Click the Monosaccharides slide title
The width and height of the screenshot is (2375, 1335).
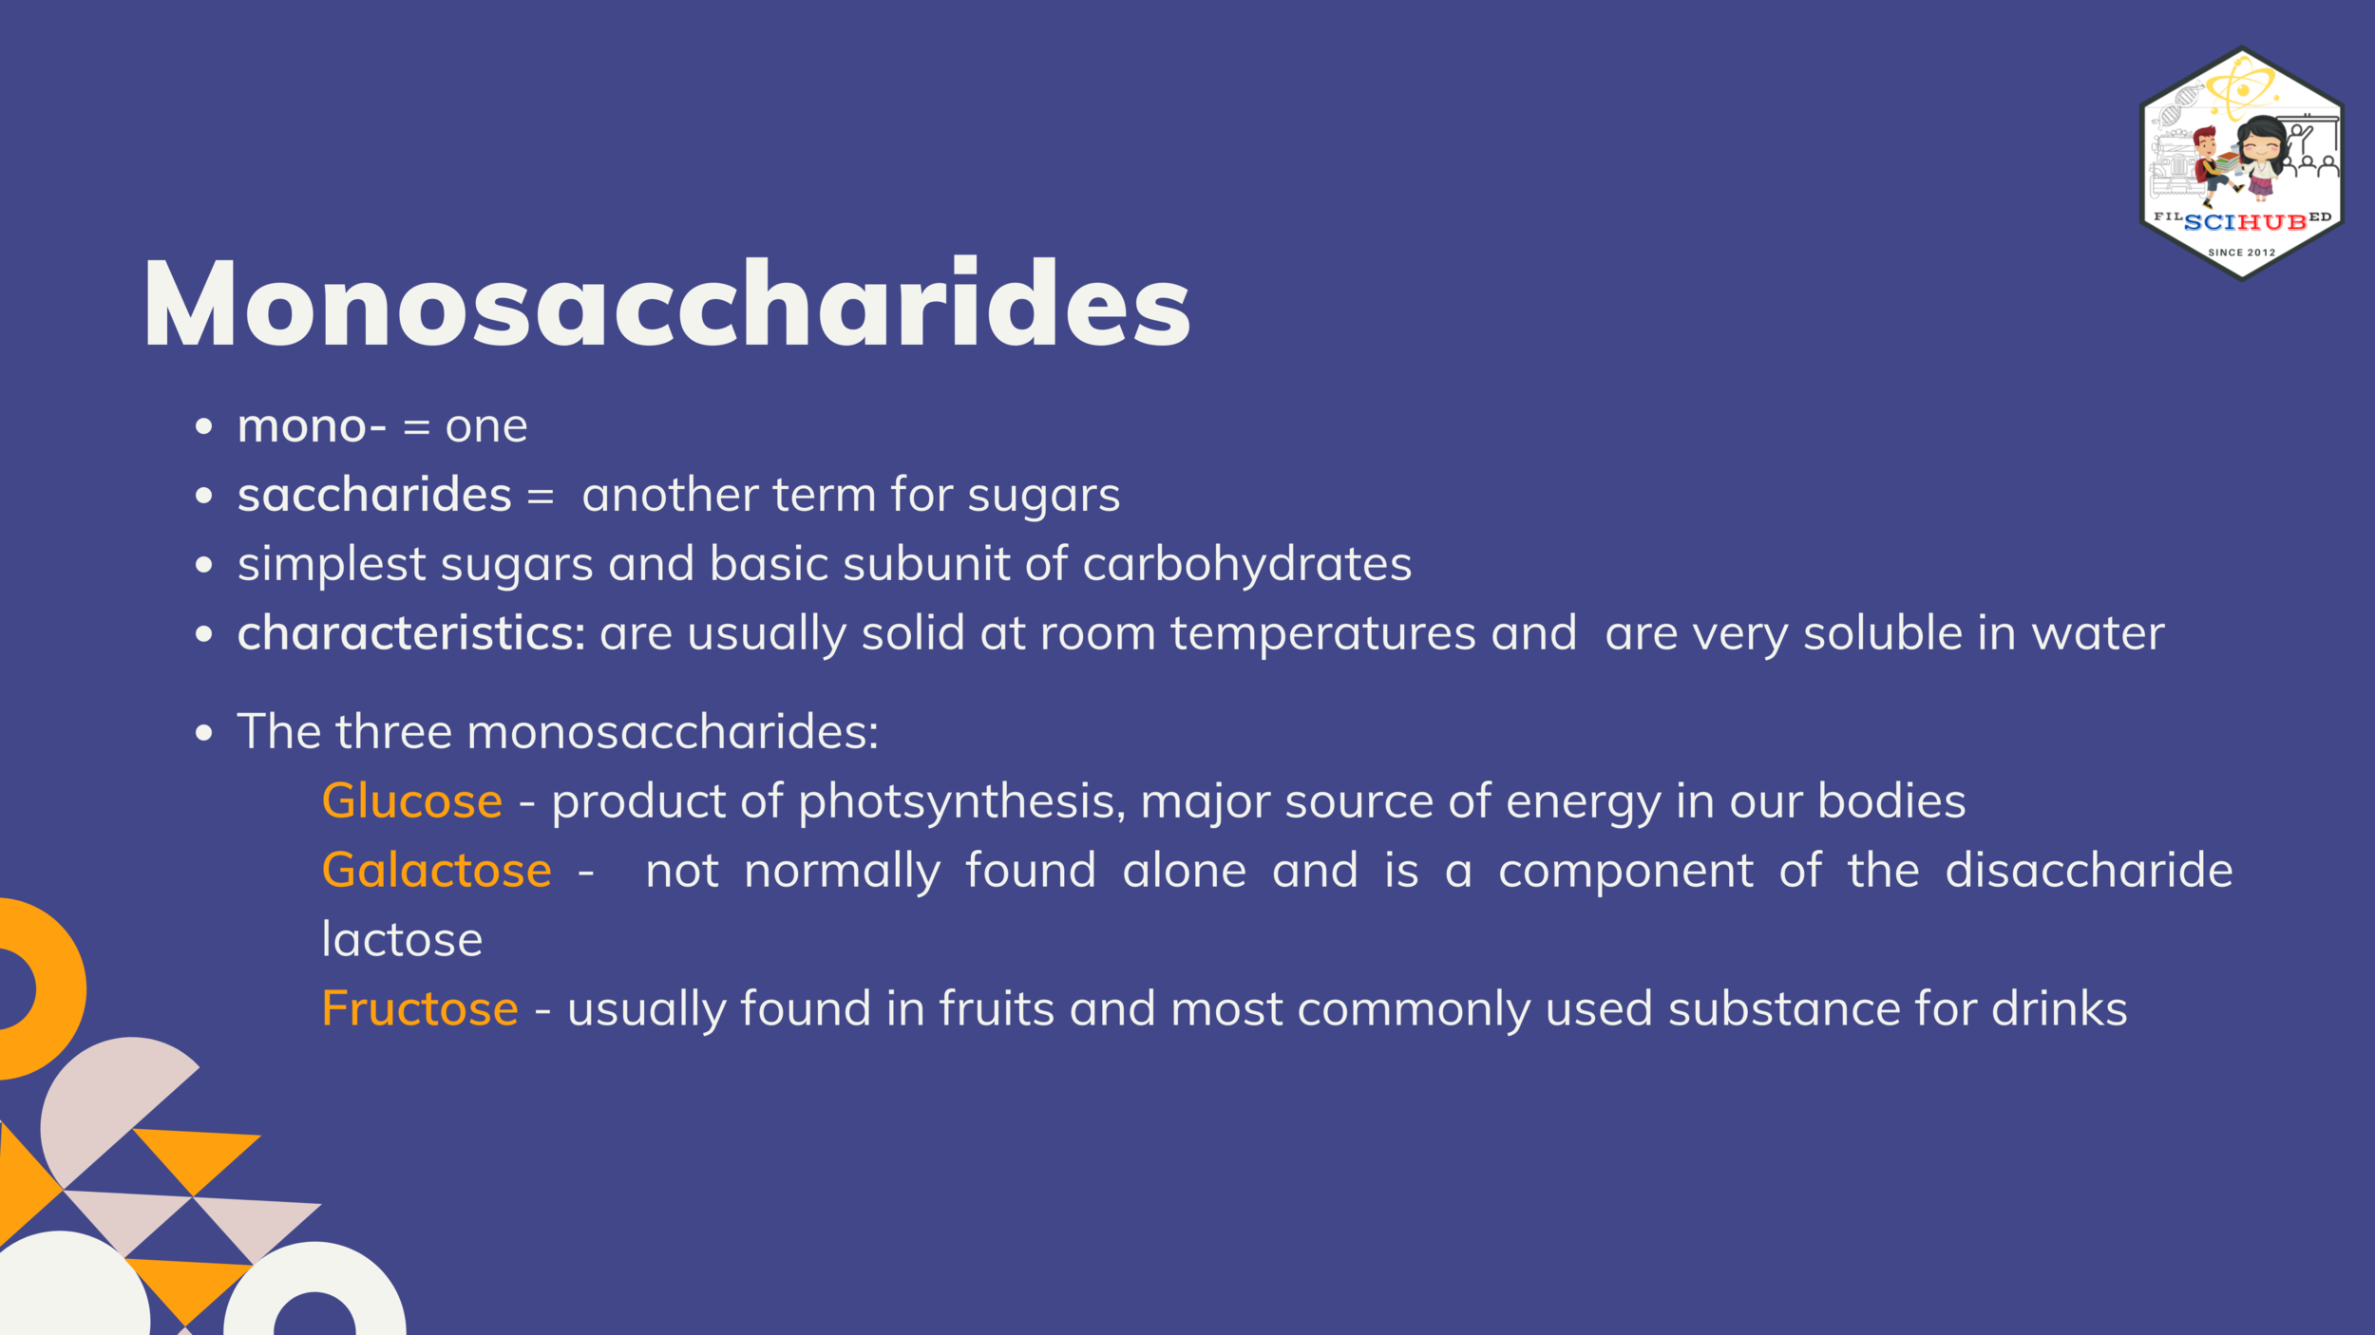point(666,304)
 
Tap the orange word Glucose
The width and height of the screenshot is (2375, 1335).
point(411,801)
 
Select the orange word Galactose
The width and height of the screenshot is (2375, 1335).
point(436,871)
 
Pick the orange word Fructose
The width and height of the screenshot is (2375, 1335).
point(420,1008)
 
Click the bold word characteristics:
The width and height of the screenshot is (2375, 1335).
point(410,633)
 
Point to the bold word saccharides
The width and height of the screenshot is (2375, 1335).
point(374,495)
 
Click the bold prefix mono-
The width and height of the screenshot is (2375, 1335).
point(312,426)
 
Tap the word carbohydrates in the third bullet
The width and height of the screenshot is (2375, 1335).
point(1246,564)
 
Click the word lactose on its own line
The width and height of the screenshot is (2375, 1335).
point(402,940)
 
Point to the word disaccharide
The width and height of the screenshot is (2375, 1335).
point(2088,871)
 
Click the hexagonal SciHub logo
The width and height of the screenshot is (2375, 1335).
point(2242,163)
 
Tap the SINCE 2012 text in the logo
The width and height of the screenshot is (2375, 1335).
point(2241,253)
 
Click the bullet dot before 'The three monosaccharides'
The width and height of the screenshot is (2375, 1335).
point(203,732)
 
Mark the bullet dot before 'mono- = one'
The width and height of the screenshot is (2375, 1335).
point(203,426)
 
